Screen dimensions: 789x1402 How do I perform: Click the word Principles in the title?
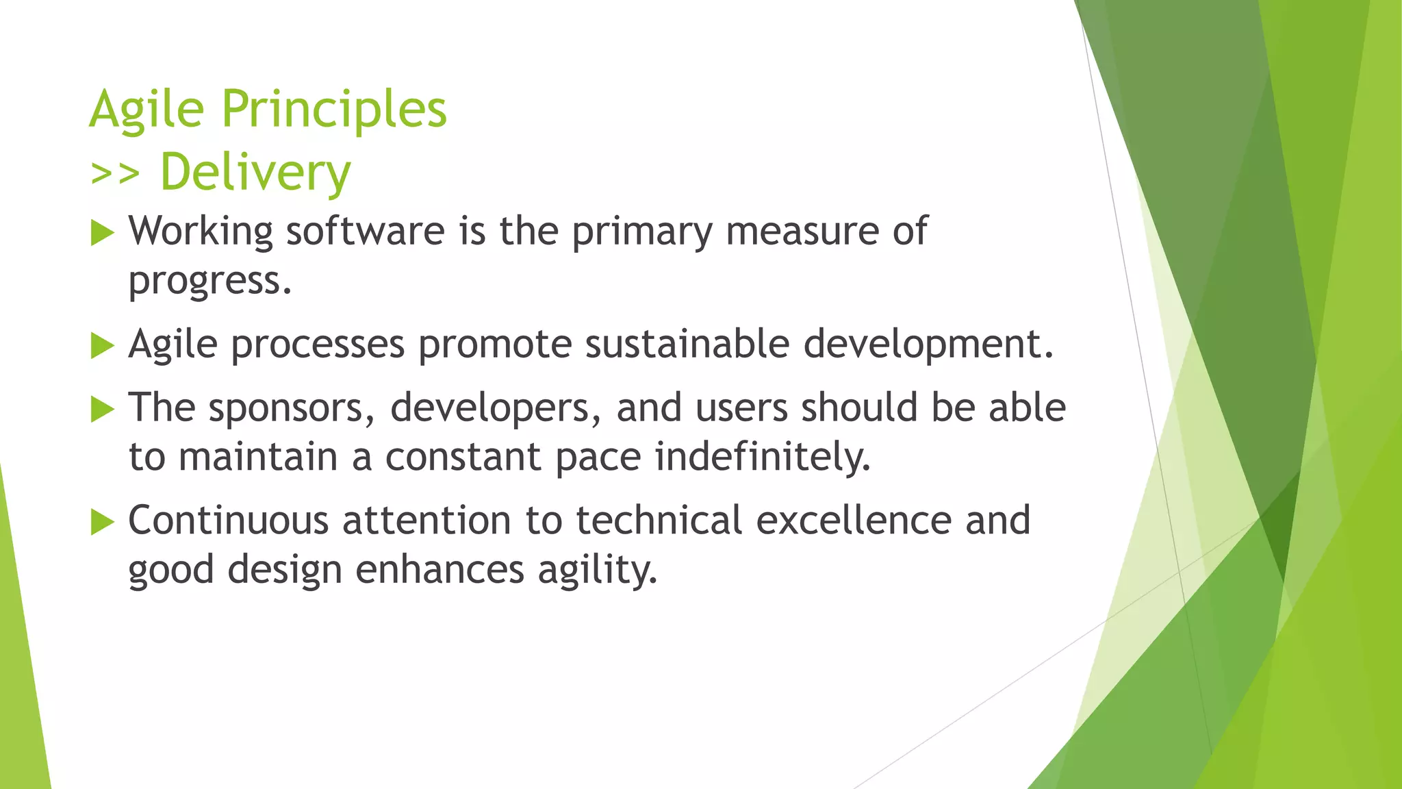(334, 110)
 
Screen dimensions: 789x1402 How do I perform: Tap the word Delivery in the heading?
(255, 173)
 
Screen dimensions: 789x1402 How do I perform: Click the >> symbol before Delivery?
(114, 174)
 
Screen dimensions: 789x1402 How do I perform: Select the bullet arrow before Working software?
(102, 234)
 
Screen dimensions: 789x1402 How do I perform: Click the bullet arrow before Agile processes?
(102, 346)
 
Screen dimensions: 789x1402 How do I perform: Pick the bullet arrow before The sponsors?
(102, 410)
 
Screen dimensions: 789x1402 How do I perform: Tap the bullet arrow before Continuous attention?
(102, 523)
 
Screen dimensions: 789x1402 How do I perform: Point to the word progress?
(209, 281)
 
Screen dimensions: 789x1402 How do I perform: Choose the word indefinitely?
(763, 457)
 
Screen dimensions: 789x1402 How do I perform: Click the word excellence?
(854, 521)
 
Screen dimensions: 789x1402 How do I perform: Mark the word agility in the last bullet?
(597, 571)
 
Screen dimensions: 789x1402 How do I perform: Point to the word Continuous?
(229, 521)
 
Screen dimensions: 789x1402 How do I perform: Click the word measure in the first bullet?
(802, 231)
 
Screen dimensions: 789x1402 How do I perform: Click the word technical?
(659, 521)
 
